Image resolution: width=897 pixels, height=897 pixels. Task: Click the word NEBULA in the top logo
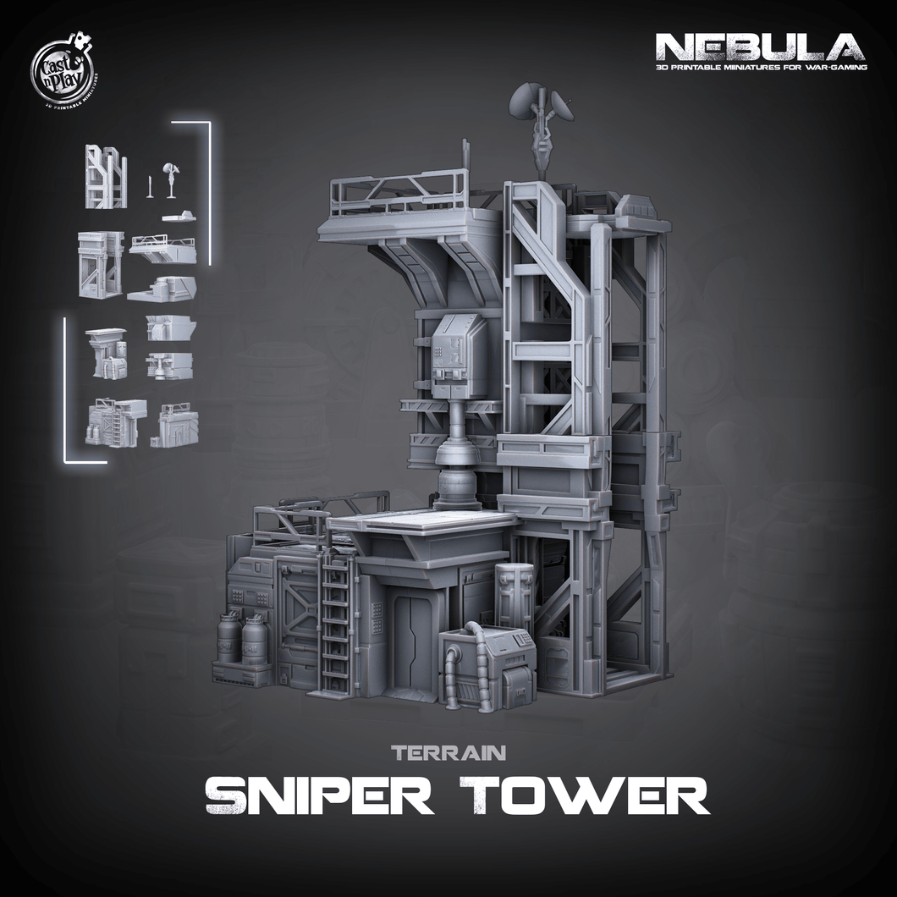(x=759, y=46)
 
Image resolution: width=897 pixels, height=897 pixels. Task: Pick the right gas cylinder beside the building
(x=255, y=639)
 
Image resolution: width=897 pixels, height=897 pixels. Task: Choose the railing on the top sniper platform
(x=398, y=192)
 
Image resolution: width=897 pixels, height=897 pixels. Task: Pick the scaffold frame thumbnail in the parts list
(x=106, y=176)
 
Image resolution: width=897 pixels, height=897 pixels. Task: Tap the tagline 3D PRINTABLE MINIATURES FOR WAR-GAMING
(x=759, y=67)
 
